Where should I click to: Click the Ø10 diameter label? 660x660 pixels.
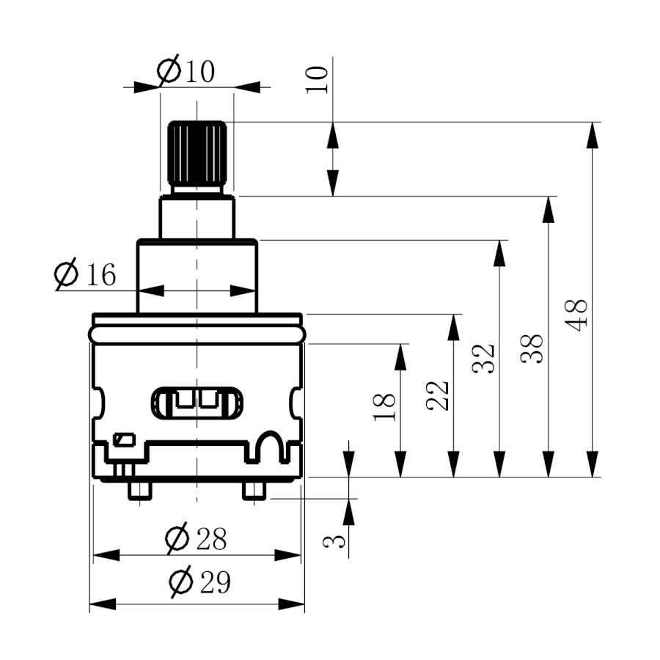click(x=186, y=70)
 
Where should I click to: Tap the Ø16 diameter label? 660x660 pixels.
click(x=85, y=274)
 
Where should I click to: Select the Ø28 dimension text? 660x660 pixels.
click(x=196, y=538)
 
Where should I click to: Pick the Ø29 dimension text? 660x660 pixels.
click(x=199, y=582)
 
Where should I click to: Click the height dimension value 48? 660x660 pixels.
click(x=576, y=315)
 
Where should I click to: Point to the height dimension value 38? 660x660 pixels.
click(x=532, y=349)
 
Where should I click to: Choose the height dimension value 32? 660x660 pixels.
click(x=483, y=359)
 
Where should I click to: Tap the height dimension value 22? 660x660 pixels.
click(x=438, y=396)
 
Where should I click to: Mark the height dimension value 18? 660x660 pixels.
click(x=384, y=407)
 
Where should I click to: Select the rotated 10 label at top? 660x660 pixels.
click(x=317, y=79)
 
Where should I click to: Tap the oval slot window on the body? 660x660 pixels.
click(x=197, y=404)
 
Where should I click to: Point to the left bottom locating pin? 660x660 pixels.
click(x=140, y=491)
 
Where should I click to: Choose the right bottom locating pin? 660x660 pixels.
click(x=254, y=491)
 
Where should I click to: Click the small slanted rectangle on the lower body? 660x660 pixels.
click(x=124, y=440)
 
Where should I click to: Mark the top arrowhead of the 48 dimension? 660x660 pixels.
click(x=593, y=135)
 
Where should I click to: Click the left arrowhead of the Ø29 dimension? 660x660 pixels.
click(x=103, y=604)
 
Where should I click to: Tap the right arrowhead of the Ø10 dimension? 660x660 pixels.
click(x=247, y=87)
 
